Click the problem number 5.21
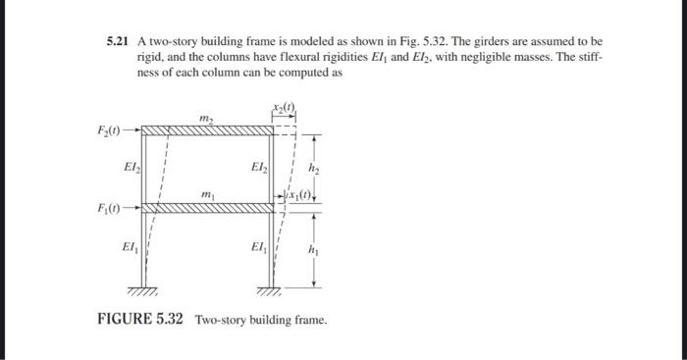pos(118,43)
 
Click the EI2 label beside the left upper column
pos(132,167)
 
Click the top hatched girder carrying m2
pos(206,129)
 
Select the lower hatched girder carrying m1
pos(206,208)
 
